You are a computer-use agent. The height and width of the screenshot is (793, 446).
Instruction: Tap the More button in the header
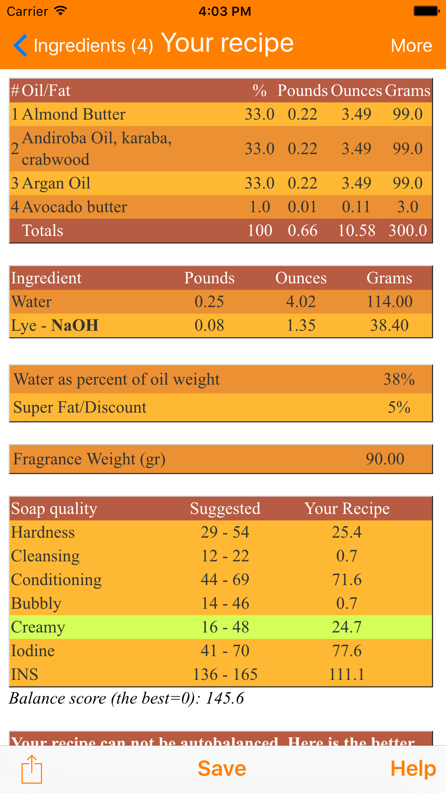tap(411, 46)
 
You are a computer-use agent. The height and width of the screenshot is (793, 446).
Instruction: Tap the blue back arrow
tap(20, 46)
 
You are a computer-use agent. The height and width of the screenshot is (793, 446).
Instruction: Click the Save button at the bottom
tap(222, 769)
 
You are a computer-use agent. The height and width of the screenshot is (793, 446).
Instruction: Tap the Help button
tap(413, 769)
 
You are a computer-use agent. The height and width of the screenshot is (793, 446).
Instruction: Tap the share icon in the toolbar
tap(32, 769)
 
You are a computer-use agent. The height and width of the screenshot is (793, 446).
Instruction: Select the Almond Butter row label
tap(74, 114)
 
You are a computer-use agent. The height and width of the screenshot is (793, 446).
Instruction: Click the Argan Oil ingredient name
tap(56, 183)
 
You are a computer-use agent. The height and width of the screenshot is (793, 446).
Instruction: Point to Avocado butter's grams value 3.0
tap(408, 207)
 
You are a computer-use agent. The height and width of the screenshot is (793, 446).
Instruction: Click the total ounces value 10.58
tap(357, 231)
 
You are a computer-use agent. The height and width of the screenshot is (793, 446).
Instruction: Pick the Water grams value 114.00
tap(390, 302)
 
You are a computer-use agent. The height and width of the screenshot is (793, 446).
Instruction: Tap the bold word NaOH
tap(75, 325)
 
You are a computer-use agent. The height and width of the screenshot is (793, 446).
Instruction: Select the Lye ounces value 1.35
tap(301, 325)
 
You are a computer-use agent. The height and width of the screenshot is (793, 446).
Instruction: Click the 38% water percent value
tap(399, 379)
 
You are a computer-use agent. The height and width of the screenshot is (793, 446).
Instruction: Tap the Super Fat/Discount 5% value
tap(399, 407)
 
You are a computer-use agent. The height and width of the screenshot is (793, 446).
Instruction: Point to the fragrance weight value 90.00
tap(385, 459)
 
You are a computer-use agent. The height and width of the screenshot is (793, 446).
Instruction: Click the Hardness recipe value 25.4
tap(347, 532)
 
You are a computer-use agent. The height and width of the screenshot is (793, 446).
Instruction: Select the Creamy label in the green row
tap(38, 627)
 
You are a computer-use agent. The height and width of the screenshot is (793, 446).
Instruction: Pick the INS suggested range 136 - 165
tap(225, 674)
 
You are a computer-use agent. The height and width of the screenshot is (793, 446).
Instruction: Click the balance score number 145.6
tap(225, 698)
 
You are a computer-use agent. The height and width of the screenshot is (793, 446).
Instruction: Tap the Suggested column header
tap(225, 509)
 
